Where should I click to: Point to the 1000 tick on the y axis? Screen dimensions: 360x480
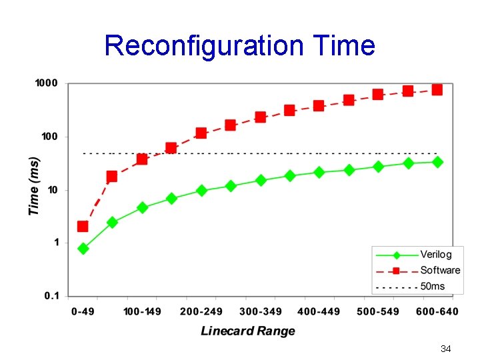click(x=46, y=83)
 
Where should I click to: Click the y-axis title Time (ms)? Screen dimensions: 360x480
click(x=34, y=186)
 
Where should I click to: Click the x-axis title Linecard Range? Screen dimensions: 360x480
click(x=247, y=331)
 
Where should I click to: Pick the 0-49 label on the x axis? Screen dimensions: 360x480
click(x=83, y=311)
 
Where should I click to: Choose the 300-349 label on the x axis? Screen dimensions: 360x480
click(x=261, y=311)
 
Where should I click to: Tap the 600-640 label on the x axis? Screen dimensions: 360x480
click(x=437, y=311)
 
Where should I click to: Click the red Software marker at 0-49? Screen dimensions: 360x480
click(x=83, y=226)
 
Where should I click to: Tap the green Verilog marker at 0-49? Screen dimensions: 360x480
click(x=83, y=249)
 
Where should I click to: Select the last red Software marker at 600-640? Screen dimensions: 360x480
click(x=437, y=89)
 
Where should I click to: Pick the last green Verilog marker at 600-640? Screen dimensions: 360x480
click(x=437, y=162)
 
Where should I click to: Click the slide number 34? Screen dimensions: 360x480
click(x=446, y=349)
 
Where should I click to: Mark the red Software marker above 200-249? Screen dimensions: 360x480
click(x=201, y=133)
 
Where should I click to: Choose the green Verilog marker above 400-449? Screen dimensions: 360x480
click(x=319, y=172)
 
